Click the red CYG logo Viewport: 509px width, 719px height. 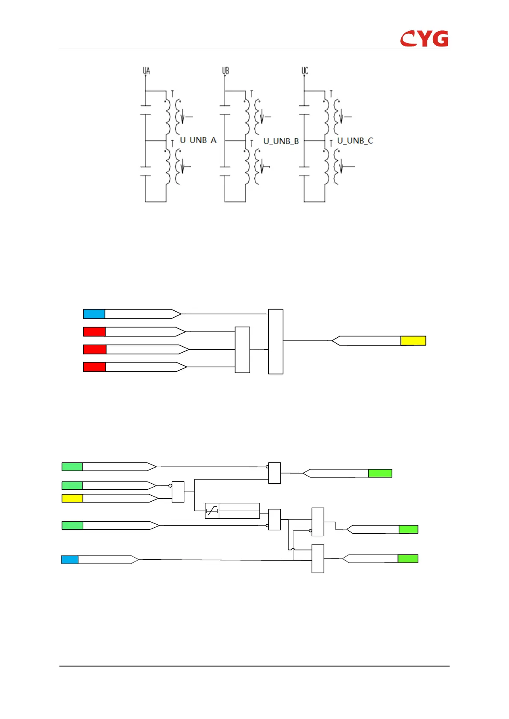coord(424,38)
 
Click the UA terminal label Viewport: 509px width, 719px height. coord(147,70)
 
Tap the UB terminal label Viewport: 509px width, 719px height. coord(226,70)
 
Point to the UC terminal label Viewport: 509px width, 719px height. coord(305,70)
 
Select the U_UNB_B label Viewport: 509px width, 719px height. coord(281,141)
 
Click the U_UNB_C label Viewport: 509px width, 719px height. coord(355,140)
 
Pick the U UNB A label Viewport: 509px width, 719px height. coord(198,140)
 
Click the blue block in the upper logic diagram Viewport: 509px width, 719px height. coord(94,314)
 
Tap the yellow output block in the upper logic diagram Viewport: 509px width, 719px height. coord(413,341)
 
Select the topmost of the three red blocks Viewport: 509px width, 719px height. coord(94,332)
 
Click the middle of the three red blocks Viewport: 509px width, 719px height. coord(94,349)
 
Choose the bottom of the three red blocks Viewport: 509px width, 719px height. coord(94,367)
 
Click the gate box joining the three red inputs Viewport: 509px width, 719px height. coord(242,350)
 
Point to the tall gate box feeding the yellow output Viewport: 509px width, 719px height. coord(276,342)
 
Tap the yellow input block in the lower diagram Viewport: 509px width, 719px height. coord(72,498)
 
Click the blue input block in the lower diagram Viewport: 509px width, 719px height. coord(70,559)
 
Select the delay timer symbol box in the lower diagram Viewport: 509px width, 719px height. coord(212,511)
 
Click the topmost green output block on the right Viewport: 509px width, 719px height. coord(380,473)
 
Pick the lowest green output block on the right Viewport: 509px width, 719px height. coord(408,558)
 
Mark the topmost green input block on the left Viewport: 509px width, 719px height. coord(72,467)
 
